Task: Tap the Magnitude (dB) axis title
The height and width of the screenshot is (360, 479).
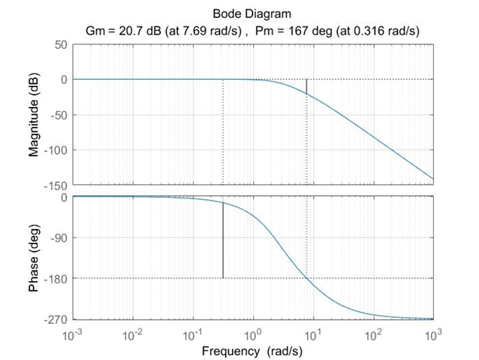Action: (x=34, y=115)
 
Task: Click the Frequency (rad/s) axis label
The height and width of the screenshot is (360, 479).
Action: (x=252, y=350)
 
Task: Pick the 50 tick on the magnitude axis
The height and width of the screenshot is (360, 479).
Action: (x=59, y=45)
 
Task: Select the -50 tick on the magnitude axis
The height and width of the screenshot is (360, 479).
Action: (x=57, y=115)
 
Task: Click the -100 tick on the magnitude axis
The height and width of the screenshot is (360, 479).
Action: (x=54, y=150)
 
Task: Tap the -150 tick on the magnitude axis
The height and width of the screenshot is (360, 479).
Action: (x=54, y=185)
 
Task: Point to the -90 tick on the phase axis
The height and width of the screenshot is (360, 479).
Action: (x=57, y=238)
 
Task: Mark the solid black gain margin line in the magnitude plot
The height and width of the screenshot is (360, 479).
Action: (x=306, y=86)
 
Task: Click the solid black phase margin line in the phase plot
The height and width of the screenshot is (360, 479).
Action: (x=223, y=241)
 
